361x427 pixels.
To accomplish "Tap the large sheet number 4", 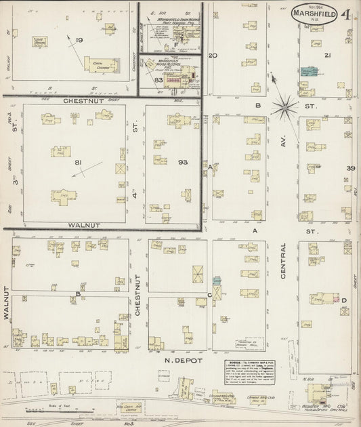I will pos(346,14).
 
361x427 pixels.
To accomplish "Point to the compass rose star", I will pos(285,107).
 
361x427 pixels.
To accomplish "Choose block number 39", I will pos(350,168).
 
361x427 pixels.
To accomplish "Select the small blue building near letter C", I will pos(217,280).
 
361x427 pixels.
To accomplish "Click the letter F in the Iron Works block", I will pos(175,46).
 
